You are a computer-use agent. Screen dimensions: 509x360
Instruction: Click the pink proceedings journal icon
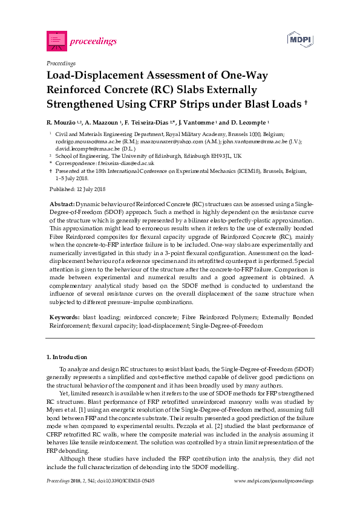pyautogui.click(x=56, y=41)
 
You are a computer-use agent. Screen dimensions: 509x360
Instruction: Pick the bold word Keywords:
pyautogui.click(x=64, y=317)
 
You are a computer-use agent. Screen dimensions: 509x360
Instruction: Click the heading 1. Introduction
pyautogui.click(x=67, y=357)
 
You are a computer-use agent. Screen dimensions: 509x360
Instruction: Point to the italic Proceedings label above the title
pyautogui.click(x=61, y=63)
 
